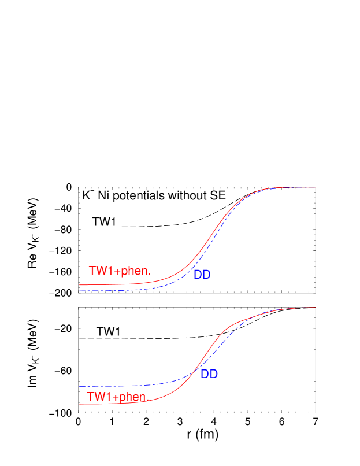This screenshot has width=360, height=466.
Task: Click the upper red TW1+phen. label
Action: pos(120,271)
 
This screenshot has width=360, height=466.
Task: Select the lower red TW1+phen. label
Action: pos(118,397)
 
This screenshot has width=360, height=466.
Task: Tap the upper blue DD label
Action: pos(202,275)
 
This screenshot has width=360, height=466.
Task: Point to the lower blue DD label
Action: pos(209,374)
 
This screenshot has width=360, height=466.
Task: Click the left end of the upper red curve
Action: pos(80,285)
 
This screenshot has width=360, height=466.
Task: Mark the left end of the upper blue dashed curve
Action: pos(80,291)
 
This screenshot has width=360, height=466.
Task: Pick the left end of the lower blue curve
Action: pos(80,386)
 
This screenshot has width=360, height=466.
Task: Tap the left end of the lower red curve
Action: pos(80,404)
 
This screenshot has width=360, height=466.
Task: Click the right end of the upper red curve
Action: pos(316,187)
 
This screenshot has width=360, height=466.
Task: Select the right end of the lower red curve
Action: pos(316,308)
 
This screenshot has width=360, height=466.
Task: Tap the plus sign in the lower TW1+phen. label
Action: pos(117,398)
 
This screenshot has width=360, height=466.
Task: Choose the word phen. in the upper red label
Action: pos(135,271)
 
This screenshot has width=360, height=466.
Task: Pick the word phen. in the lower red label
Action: pos(133,398)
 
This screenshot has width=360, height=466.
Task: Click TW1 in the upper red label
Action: pos(102,271)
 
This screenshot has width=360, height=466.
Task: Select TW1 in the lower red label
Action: pos(100,397)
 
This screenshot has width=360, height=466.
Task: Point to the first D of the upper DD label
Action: pos(198,275)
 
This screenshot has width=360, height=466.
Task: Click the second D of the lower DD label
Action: pos(213,374)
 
